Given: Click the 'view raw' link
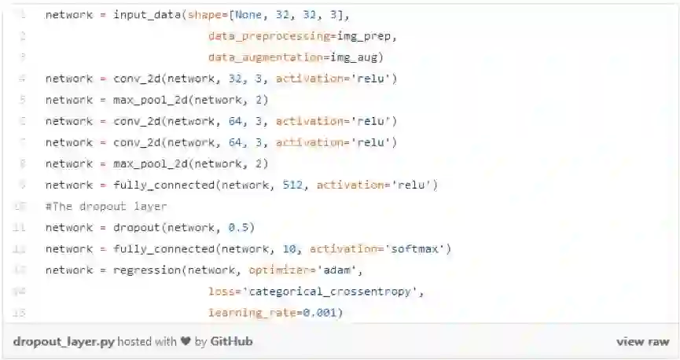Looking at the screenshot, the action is (642, 342).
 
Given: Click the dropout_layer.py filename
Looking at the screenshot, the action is (63, 342).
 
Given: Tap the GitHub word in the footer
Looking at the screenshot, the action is (231, 342).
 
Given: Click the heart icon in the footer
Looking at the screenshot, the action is (186, 342).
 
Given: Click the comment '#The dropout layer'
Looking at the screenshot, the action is (105, 206).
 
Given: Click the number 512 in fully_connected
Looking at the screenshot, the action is (292, 185).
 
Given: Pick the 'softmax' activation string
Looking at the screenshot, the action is (416, 249).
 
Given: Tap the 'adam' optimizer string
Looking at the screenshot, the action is (339, 270).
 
